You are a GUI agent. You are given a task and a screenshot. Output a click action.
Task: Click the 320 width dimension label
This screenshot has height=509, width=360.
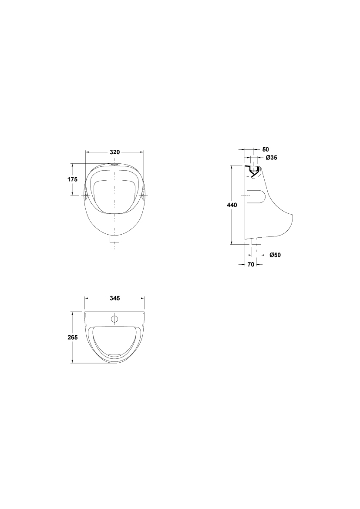[115, 152]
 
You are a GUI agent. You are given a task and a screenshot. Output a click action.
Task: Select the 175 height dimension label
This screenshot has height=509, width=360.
[72, 179]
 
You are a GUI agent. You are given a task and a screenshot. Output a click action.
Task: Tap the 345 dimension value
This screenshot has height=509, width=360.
[115, 298]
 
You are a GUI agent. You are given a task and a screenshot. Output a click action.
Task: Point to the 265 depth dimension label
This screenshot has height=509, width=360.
[73, 337]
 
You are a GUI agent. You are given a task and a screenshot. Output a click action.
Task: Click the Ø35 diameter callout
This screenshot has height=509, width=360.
[271, 158]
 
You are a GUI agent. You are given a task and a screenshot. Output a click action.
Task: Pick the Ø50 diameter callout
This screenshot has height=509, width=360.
[275, 255]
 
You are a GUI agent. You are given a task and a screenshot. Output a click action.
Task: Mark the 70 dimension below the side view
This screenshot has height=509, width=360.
[251, 265]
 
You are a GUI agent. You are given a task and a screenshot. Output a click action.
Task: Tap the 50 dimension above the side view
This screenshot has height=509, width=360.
[266, 149]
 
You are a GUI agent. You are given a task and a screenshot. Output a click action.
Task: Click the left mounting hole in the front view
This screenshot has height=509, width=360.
[86, 195]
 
